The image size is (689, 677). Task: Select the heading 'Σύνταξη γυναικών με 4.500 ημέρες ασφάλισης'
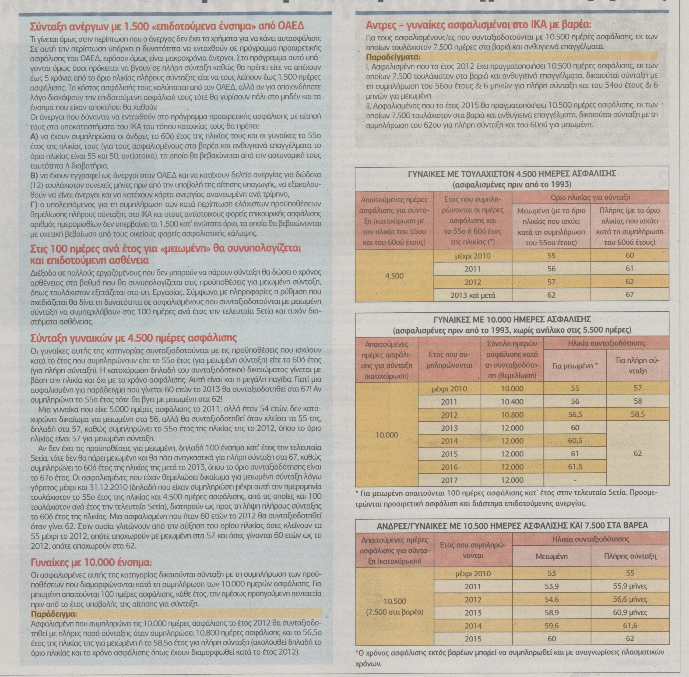coord(134,337)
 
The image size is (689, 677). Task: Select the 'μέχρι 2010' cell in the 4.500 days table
coord(472,256)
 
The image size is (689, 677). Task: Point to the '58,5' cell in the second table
coord(638,415)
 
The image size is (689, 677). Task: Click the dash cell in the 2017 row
coord(575,480)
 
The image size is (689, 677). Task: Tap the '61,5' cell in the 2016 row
coord(575,467)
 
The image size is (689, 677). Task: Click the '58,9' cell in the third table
coord(552,612)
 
